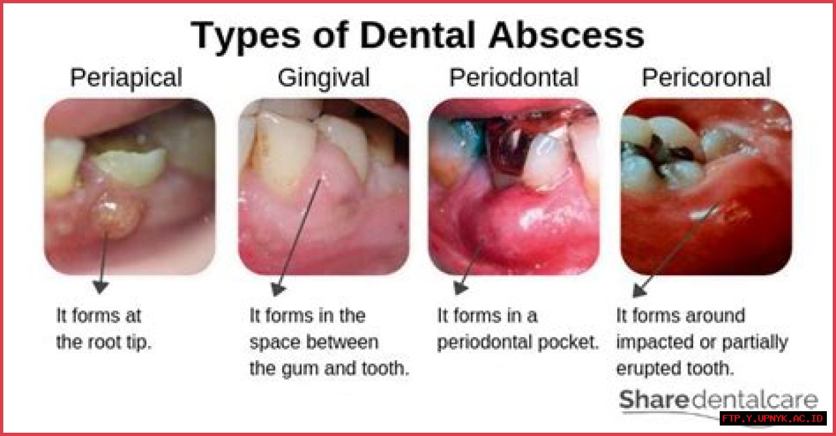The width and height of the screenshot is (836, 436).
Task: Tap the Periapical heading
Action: pyautogui.click(x=126, y=78)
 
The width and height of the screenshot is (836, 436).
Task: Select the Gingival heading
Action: pyautogui.click(x=323, y=78)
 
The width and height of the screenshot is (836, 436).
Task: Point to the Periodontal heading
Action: pyautogui.click(x=513, y=78)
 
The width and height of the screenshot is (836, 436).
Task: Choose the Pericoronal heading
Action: pyautogui.click(x=706, y=78)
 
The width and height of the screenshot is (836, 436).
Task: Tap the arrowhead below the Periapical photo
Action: pyautogui.click(x=100, y=286)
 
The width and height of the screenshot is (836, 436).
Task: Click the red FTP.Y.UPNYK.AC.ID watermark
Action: pyautogui.click(x=773, y=418)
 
